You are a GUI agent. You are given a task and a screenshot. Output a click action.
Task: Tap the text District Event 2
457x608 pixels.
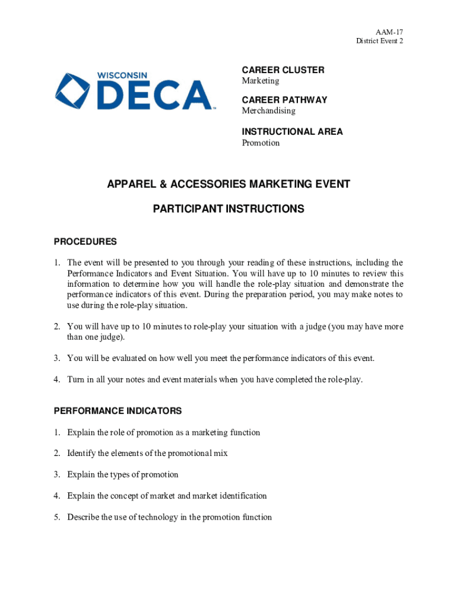coord(380,40)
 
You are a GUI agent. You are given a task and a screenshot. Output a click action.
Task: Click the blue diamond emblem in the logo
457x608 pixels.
coord(72,91)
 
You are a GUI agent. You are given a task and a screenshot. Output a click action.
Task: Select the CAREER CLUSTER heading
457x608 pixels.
coord(283,70)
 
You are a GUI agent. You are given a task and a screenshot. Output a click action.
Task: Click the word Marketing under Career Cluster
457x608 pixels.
coord(260,81)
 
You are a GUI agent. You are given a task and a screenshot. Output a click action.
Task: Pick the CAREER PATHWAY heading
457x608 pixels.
coord(284,100)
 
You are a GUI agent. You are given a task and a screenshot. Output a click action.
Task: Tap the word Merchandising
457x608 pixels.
coord(268,111)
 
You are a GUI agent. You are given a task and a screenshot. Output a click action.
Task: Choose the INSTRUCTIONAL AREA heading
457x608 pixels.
coord(292,131)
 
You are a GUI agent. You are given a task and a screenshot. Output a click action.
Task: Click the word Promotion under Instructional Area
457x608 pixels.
coord(261,143)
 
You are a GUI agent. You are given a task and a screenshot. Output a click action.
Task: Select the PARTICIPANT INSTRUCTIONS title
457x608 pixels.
coord(228,209)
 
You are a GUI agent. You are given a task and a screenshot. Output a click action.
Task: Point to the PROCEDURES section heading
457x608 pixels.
coord(85,242)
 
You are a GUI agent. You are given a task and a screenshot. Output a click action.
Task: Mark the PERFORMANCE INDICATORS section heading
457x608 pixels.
coord(118,411)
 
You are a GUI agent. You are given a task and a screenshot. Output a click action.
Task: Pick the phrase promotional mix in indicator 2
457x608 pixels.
coord(199,453)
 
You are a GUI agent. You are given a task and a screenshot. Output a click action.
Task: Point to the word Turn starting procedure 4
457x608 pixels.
coord(75,380)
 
